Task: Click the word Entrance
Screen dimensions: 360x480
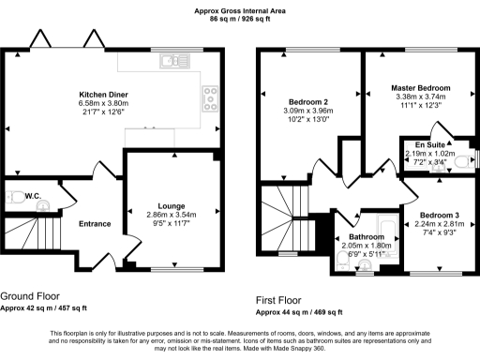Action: click(95, 224)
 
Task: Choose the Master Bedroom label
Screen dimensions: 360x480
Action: click(421, 88)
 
